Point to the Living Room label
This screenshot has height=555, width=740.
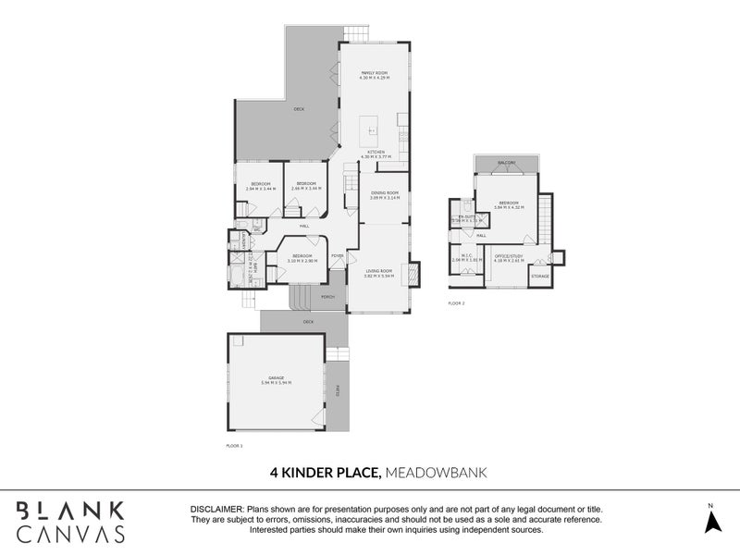(x=379, y=273)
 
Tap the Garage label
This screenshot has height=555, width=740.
(x=277, y=379)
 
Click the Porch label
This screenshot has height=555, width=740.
(x=327, y=297)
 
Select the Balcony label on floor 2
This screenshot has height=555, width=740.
(x=505, y=163)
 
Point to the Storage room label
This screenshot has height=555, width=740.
(x=540, y=276)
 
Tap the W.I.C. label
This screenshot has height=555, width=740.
(x=462, y=258)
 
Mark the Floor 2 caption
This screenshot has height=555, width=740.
(x=456, y=302)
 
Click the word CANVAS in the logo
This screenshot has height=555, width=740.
(x=71, y=533)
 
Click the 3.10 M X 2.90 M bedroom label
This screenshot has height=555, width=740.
(x=303, y=258)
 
